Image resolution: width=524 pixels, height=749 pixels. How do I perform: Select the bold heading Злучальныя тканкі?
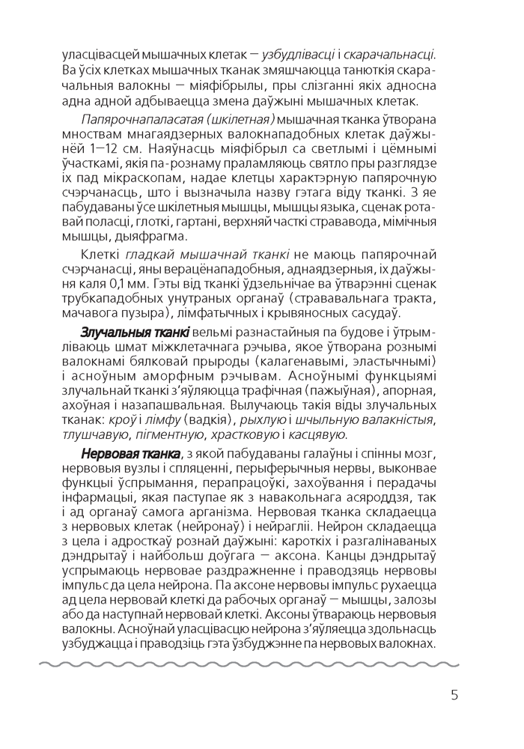coord(134,332)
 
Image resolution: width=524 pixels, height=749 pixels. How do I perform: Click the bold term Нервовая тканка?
coord(131,455)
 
